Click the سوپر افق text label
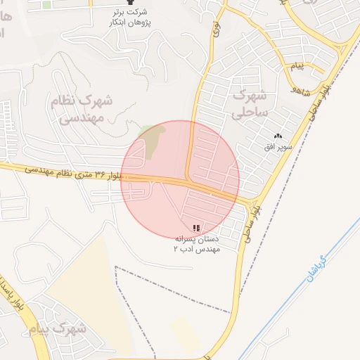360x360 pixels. coord(278,146)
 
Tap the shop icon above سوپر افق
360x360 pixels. coord(278,136)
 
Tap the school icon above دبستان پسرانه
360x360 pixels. coord(196,228)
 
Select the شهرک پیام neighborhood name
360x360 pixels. coord(58,328)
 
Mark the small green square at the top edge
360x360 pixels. coord(46,4)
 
